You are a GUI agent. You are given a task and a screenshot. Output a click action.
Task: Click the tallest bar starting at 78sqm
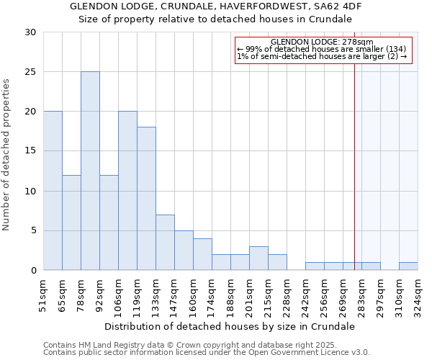(x=90, y=171)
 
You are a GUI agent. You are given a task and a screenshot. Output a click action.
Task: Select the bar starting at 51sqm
(x=53, y=191)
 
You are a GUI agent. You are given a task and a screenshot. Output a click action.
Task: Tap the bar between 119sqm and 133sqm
(x=146, y=199)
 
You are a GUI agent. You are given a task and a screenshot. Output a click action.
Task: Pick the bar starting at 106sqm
(x=127, y=191)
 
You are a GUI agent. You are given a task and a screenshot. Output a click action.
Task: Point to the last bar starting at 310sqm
(x=408, y=266)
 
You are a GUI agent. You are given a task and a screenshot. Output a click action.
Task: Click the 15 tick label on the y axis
(x=30, y=151)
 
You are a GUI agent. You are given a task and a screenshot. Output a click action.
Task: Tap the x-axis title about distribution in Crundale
(x=230, y=326)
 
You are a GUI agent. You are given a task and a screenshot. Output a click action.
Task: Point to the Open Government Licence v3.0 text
(x=310, y=352)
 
